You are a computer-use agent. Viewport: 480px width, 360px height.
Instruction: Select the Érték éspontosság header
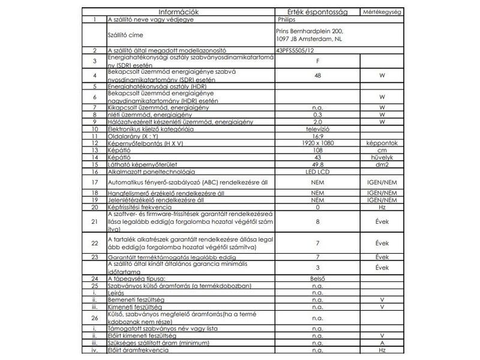click(x=314, y=11)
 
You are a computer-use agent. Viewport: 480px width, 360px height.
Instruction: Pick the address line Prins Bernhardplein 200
click(x=310, y=31)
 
